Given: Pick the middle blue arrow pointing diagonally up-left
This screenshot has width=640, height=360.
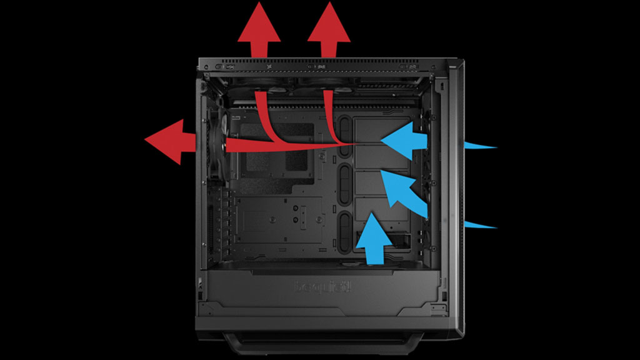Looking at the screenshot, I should click(x=403, y=187).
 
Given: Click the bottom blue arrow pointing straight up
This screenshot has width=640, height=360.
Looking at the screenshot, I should click(x=374, y=237).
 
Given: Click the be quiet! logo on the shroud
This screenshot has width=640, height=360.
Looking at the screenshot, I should click(x=322, y=287).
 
